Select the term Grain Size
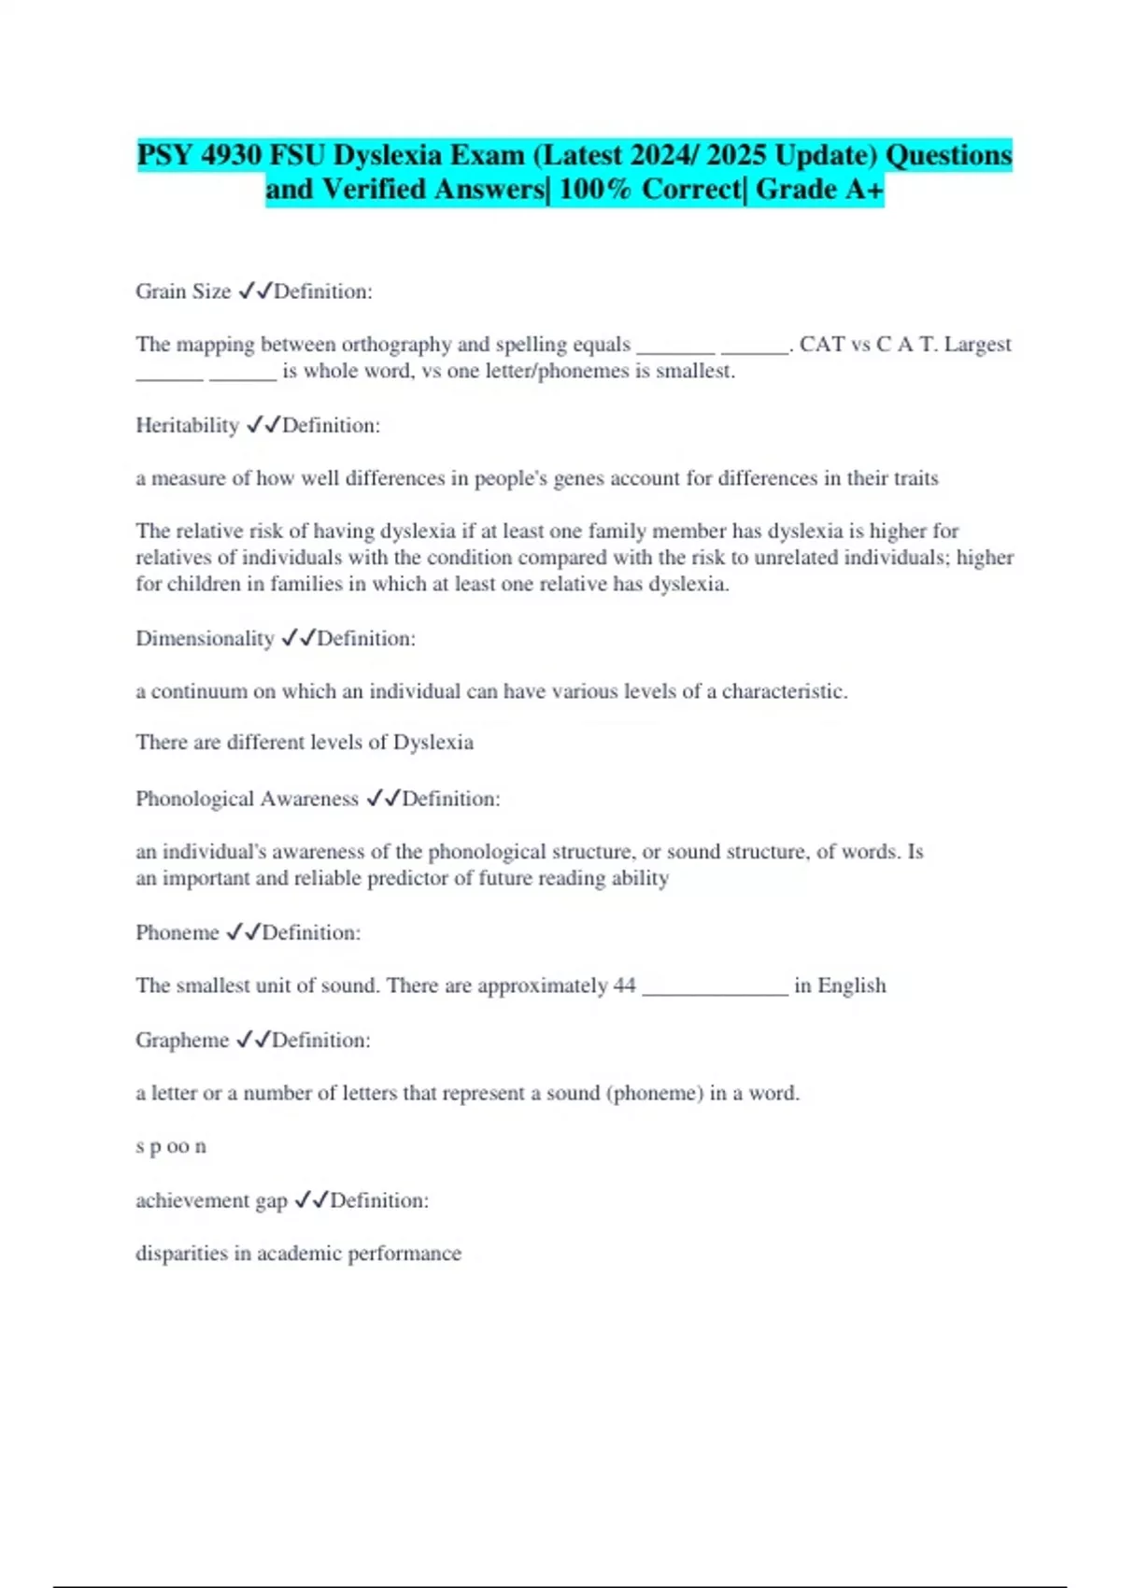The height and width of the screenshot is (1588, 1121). point(183,291)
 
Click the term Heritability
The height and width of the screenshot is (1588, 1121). point(188,426)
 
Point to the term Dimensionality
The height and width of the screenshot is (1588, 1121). point(205,639)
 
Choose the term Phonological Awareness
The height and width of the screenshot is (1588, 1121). point(247,800)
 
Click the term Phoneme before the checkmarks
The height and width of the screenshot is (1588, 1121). point(177,933)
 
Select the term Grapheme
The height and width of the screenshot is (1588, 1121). point(182,1041)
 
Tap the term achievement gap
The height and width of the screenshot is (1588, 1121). point(211,1201)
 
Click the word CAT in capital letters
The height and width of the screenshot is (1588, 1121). point(822,345)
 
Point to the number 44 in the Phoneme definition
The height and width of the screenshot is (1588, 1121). point(624,986)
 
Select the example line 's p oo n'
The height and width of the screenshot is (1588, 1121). point(171,1147)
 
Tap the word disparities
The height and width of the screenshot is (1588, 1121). point(181,1254)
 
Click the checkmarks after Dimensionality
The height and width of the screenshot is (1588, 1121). point(298,639)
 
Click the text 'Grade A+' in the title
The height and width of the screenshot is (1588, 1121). point(819,190)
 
